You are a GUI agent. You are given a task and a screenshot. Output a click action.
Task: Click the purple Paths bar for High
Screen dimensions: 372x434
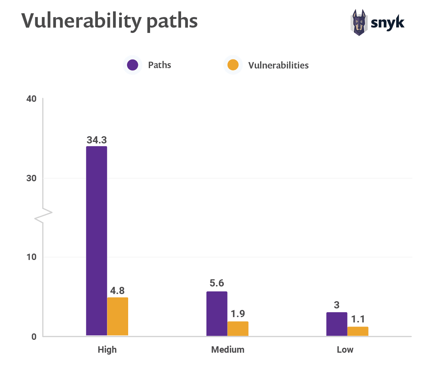click(96, 241)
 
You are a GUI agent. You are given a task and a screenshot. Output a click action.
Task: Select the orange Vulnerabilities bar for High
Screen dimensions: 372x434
click(118, 316)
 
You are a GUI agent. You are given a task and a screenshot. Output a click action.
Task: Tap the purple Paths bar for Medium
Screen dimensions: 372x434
click(217, 313)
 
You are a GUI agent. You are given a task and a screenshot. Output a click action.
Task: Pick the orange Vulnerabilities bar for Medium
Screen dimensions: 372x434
click(238, 328)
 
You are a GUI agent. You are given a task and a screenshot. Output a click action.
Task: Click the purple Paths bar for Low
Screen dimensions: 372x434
click(336, 324)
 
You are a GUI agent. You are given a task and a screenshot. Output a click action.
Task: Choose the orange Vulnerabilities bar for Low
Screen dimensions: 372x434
click(358, 331)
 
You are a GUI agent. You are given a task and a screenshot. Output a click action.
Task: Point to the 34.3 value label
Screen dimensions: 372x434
click(97, 140)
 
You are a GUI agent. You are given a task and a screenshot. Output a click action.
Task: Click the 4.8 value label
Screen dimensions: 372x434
click(118, 291)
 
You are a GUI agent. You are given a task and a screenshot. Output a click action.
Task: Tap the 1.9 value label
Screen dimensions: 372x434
click(238, 314)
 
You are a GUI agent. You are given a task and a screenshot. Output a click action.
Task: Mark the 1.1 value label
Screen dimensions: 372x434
click(358, 319)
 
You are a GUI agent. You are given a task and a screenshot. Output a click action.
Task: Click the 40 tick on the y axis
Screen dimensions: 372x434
click(31, 99)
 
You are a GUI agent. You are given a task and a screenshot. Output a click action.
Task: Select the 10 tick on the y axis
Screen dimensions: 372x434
click(31, 257)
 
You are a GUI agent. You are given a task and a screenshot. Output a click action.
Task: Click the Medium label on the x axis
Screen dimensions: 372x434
click(228, 349)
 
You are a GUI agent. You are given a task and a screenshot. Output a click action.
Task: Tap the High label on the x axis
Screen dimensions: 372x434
click(107, 349)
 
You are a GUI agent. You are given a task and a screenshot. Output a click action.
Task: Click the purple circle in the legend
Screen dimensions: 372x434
click(132, 65)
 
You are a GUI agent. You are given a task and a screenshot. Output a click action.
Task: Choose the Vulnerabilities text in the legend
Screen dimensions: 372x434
click(278, 65)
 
